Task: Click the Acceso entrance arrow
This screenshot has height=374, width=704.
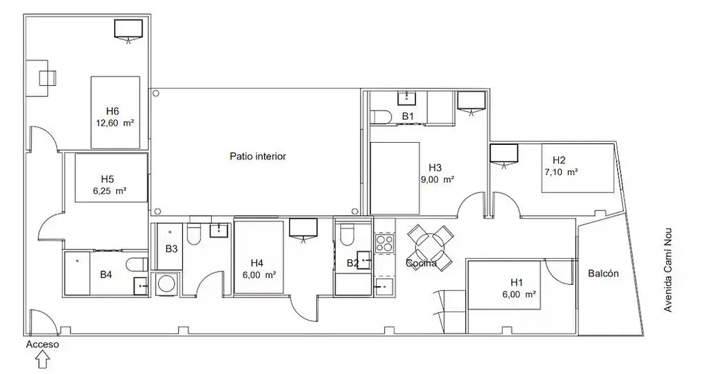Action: [x=42, y=360]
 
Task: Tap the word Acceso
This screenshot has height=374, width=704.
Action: [x=42, y=344]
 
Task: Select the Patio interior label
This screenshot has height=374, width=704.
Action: [x=258, y=156]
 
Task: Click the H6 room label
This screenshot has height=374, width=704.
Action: [x=113, y=111]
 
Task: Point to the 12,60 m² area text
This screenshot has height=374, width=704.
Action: [x=115, y=122]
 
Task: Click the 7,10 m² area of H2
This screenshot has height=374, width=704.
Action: [x=561, y=172]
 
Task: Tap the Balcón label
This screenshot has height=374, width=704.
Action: [x=603, y=273]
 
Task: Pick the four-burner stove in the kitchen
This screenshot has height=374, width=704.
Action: [x=384, y=243]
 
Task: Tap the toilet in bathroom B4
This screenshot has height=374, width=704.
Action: [x=137, y=264]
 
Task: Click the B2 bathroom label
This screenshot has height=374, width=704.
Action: [x=353, y=263]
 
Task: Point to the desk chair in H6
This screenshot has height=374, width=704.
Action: [x=47, y=78]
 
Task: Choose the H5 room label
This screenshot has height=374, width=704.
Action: [x=107, y=179]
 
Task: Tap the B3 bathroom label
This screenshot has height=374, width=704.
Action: [x=172, y=249]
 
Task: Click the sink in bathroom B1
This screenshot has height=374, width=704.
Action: [x=407, y=98]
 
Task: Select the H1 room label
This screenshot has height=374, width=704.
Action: [x=517, y=282]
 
